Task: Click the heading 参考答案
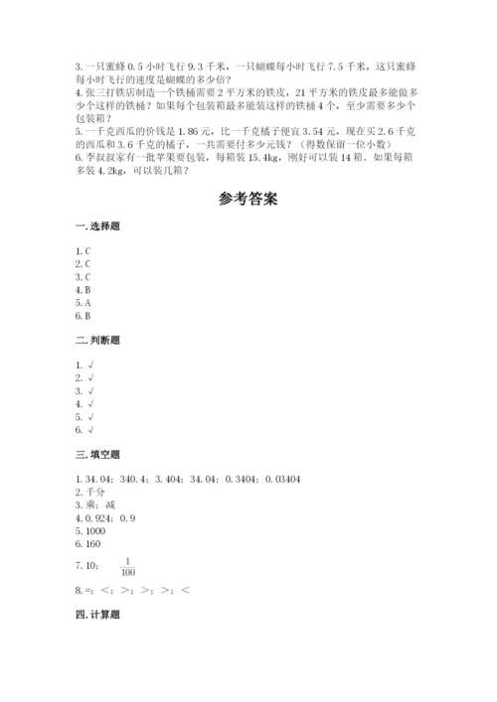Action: (x=248, y=199)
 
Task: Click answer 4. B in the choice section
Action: (x=83, y=290)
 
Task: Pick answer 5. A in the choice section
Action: (x=83, y=303)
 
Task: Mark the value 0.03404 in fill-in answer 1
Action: (x=283, y=479)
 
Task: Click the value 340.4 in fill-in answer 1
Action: (x=134, y=479)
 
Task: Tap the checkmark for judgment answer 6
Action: (x=90, y=430)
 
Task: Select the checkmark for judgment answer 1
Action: (x=90, y=365)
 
